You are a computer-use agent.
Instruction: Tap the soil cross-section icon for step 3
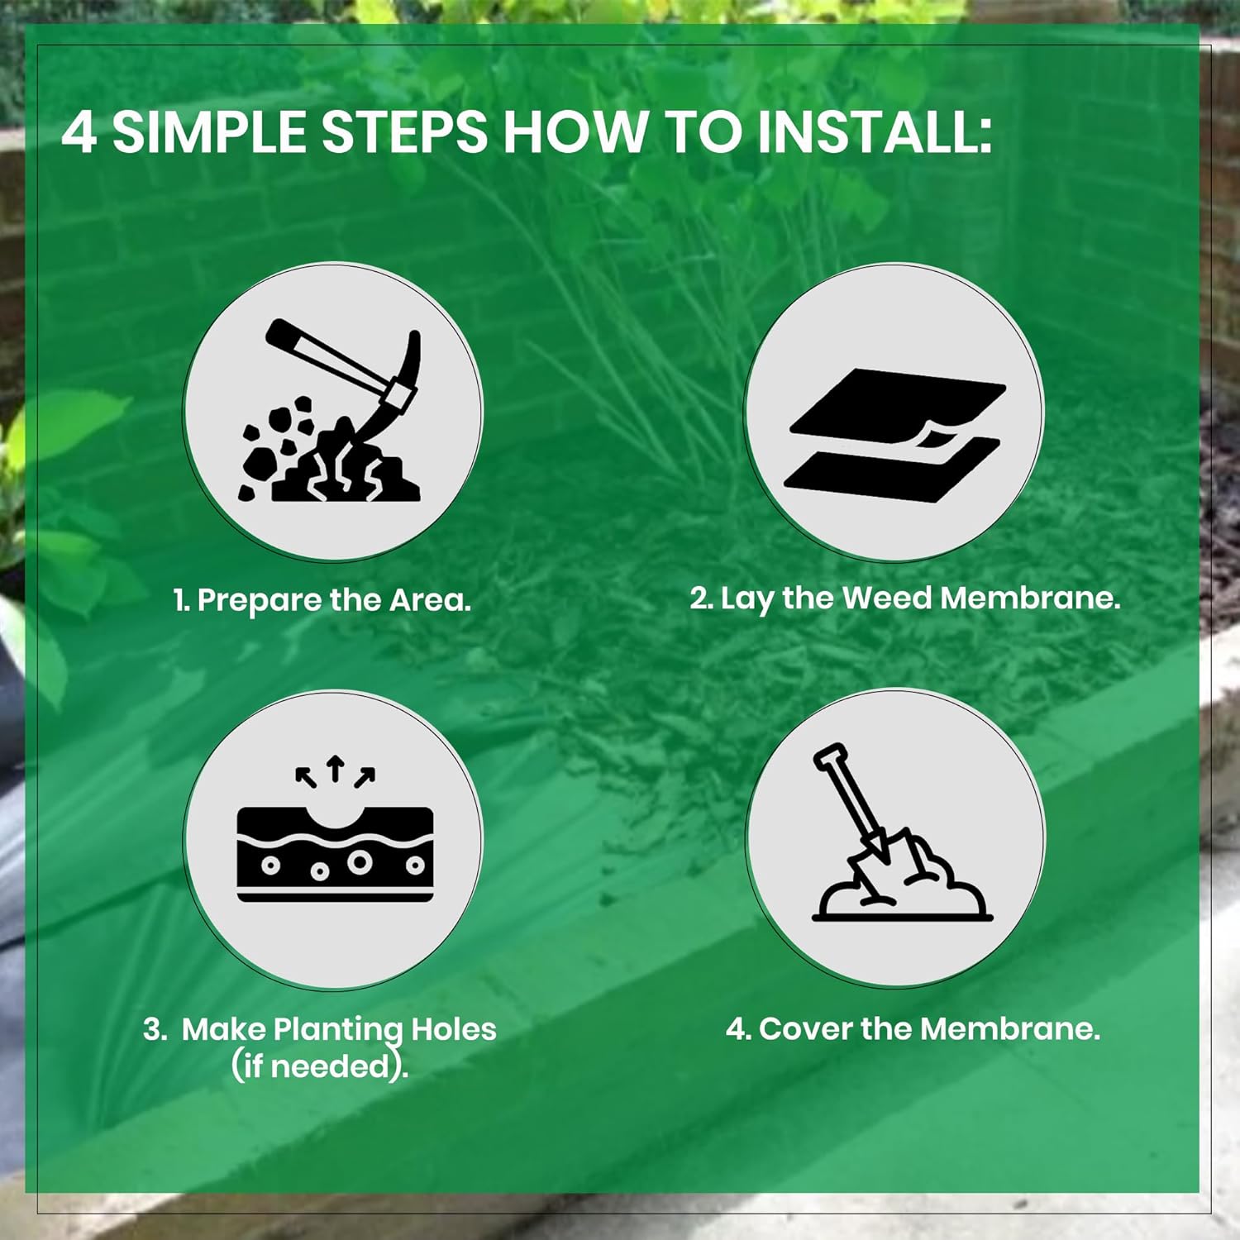tap(335, 853)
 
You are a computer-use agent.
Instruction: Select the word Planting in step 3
tap(338, 1030)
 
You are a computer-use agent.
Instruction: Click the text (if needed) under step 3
tap(320, 1065)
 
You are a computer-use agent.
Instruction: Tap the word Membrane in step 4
tap(1009, 1028)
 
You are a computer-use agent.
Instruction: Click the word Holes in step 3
tap(454, 1028)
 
